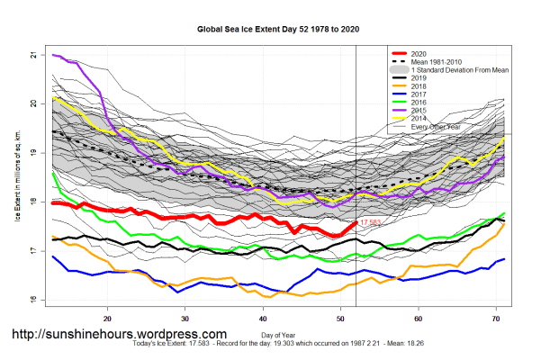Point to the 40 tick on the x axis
[263, 318]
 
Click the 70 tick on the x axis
[496, 318]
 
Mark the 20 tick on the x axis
[108, 318]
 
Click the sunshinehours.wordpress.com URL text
[118, 334]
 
